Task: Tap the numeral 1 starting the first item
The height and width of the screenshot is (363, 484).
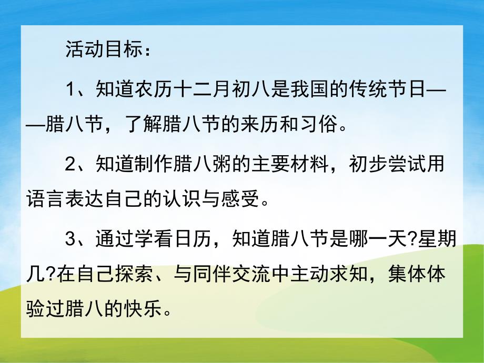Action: click(72, 90)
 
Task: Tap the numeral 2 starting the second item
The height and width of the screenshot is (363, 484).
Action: click(72, 165)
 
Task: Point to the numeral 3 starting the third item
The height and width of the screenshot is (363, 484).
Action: click(72, 239)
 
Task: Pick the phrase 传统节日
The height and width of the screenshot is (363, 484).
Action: click(390, 90)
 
